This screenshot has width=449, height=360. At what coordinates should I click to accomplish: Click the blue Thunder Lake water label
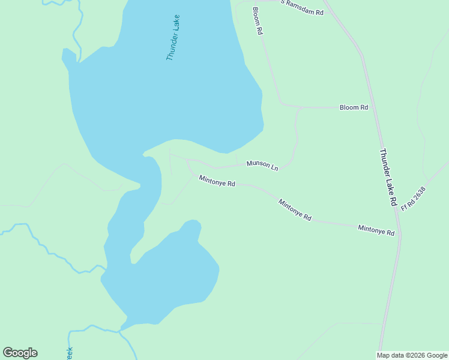tap(173, 37)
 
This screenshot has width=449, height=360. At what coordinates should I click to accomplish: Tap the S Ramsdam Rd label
tap(302, 7)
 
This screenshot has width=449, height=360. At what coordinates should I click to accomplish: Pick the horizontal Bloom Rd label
tap(354, 107)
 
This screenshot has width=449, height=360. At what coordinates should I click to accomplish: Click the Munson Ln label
tap(262, 165)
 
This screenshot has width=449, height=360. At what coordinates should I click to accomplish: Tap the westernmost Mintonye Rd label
tap(217, 181)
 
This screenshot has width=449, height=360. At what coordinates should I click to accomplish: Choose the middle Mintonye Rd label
tap(295, 210)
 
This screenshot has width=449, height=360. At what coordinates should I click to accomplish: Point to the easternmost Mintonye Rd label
tap(376, 230)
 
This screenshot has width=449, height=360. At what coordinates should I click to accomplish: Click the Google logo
tap(20, 353)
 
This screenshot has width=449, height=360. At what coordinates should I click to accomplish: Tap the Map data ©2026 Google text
tap(411, 355)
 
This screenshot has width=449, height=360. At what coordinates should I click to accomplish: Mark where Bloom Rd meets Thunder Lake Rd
tap(372, 108)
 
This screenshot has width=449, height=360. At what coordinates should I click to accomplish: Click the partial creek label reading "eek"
tap(69, 353)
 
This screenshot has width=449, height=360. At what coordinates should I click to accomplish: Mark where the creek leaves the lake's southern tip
tap(121, 329)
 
